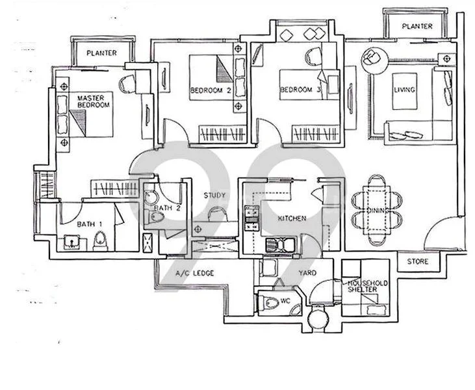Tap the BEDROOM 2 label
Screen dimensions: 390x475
pos(211,90)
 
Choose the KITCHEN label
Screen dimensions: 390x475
pos(292,219)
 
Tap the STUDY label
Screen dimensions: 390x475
pos(214,195)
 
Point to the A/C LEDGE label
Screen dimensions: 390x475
pos(195,274)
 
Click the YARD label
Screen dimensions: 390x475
pos(307,274)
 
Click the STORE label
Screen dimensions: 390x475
pos(418,263)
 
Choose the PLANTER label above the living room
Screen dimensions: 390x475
pos(417,26)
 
